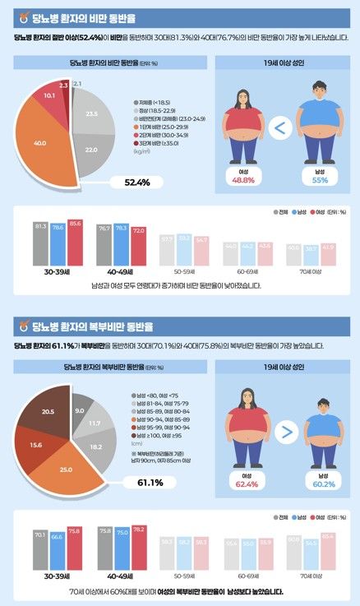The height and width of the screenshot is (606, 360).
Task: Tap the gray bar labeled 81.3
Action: point(40,245)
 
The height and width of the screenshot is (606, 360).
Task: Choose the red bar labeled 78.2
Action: point(138,546)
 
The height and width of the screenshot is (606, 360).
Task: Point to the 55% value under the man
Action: point(320,179)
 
